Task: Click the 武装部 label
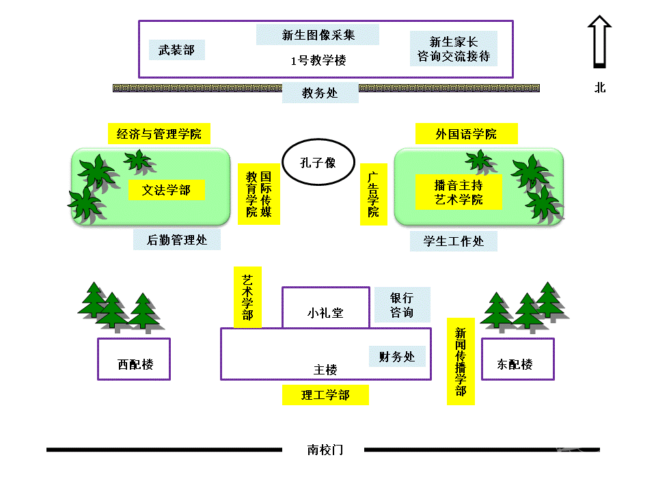click(x=176, y=50)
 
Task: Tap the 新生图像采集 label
click(x=318, y=35)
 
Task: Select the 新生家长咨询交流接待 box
click(x=454, y=49)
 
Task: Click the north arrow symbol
click(x=599, y=42)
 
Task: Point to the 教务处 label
click(x=320, y=93)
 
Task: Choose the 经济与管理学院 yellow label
click(x=159, y=134)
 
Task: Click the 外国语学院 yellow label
click(x=466, y=134)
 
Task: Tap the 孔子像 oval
click(x=318, y=163)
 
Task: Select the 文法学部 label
click(x=166, y=191)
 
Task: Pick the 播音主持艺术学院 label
click(x=459, y=192)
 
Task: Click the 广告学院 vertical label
click(x=373, y=194)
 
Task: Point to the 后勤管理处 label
click(x=177, y=241)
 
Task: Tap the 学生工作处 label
click(x=453, y=241)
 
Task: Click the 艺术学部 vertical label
click(x=247, y=297)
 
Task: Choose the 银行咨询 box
click(x=402, y=305)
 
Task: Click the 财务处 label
click(x=397, y=356)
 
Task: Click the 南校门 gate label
click(x=325, y=450)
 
